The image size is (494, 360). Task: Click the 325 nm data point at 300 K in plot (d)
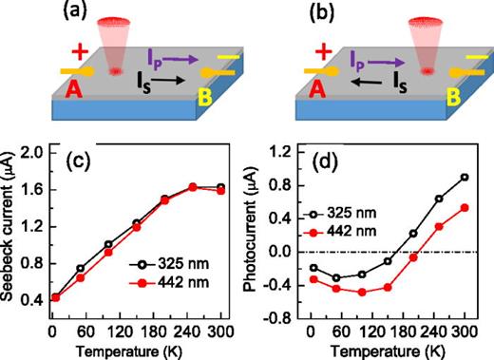[465, 177]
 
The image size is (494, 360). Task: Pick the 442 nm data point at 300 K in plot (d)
[465, 207]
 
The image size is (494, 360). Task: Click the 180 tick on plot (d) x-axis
[388, 333]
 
